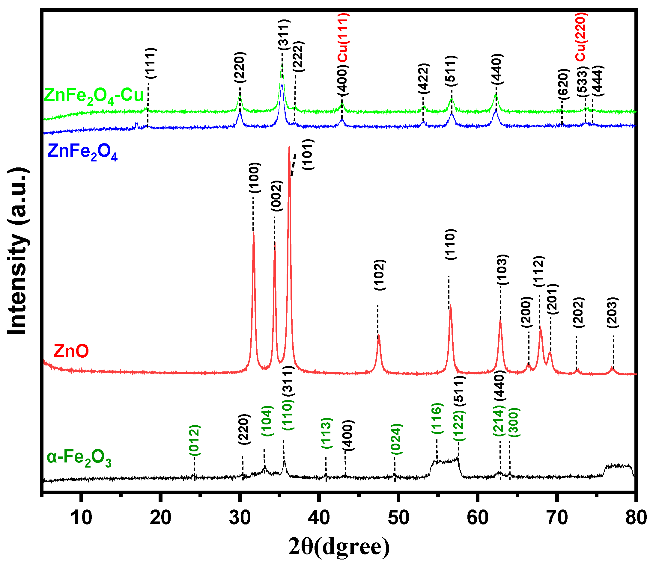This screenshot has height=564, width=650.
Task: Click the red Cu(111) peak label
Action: tap(343, 38)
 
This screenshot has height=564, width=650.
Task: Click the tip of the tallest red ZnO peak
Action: tap(289, 147)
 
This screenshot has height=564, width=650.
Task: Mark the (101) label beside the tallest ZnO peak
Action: tap(308, 155)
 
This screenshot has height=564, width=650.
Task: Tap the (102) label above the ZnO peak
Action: tap(380, 275)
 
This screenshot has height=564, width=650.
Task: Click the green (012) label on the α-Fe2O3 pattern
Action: tap(195, 440)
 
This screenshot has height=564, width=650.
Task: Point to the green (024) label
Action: tap(396, 439)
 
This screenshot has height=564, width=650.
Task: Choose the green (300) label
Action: tap(514, 422)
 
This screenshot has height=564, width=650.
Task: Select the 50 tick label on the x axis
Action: tap(398, 518)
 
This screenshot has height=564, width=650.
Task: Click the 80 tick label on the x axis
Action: tap(636, 518)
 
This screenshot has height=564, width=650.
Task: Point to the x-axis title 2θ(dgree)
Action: tap(339, 547)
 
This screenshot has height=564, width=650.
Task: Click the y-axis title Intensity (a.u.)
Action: tap(18, 252)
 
